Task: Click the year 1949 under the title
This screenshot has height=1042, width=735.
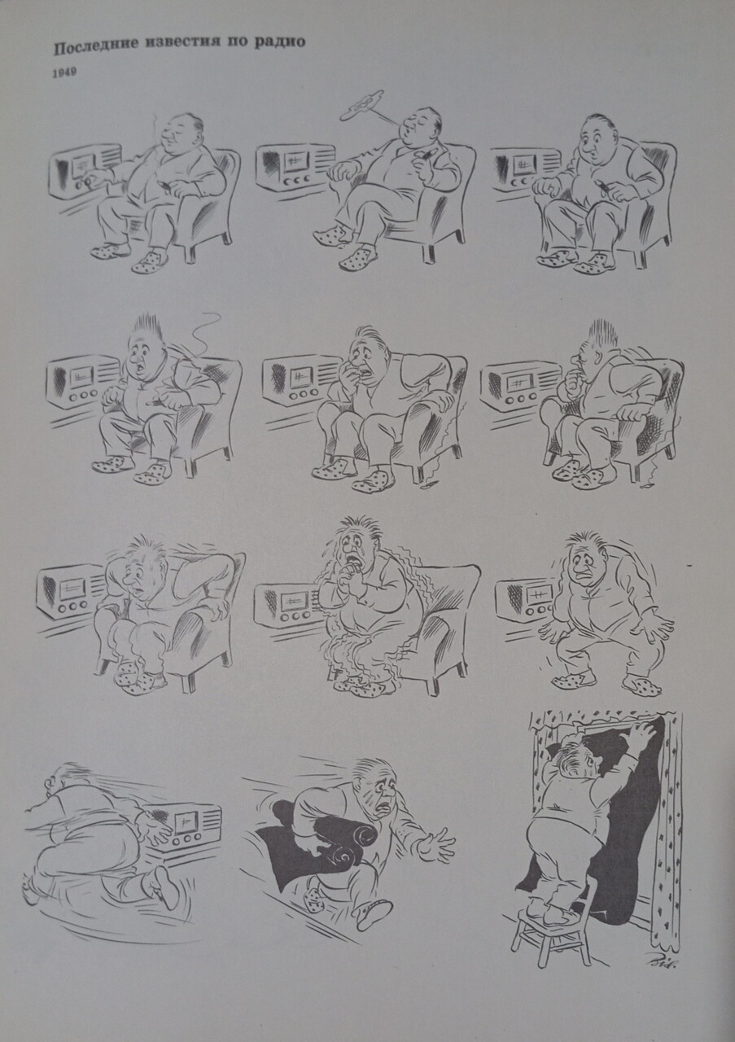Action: [64, 73]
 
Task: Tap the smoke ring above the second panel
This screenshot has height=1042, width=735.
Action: [361, 106]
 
